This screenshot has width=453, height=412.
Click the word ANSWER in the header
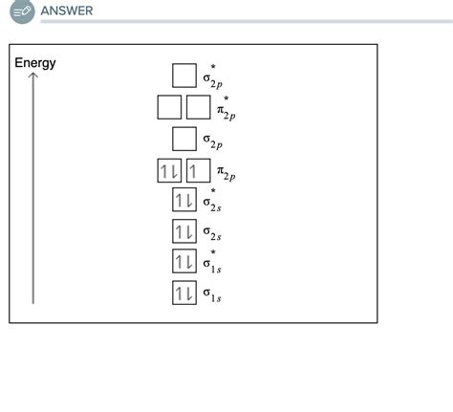click(66, 11)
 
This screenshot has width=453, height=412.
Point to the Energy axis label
click(35, 63)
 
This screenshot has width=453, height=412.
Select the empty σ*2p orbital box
click(183, 76)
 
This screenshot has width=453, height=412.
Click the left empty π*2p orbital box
click(169, 107)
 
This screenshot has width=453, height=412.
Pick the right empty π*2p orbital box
click(198, 107)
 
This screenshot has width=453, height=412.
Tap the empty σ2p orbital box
click(183, 140)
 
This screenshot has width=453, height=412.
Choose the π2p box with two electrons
click(169, 172)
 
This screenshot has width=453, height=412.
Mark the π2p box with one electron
click(198, 172)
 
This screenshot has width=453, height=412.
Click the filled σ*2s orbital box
click(183, 201)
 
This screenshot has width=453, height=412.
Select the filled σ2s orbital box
click(183, 231)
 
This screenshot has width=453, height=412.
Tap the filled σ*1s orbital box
click(183, 262)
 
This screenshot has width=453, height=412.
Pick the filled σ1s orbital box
click(183, 293)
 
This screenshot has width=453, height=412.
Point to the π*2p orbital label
click(226, 108)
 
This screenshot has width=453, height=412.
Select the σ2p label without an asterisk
click(212, 141)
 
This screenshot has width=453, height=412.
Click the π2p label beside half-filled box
click(226, 174)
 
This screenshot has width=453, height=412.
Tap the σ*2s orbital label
click(212, 202)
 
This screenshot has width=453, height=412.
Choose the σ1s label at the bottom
click(212, 294)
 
